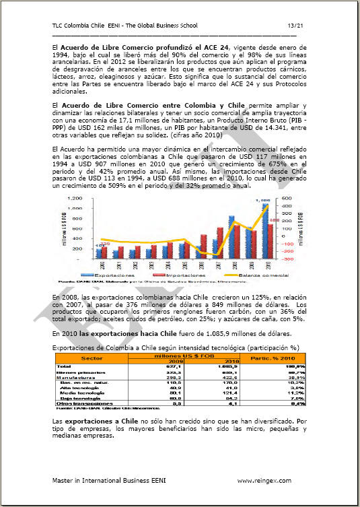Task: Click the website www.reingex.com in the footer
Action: coord(264,480)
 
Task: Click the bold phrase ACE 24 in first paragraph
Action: coord(211,47)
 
